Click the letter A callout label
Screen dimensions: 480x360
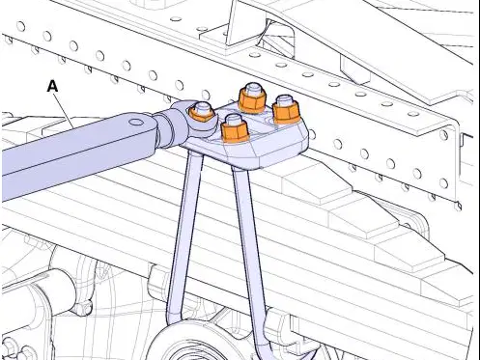point(52,86)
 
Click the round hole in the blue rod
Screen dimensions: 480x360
point(137,123)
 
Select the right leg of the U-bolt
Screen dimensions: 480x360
point(249,244)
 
